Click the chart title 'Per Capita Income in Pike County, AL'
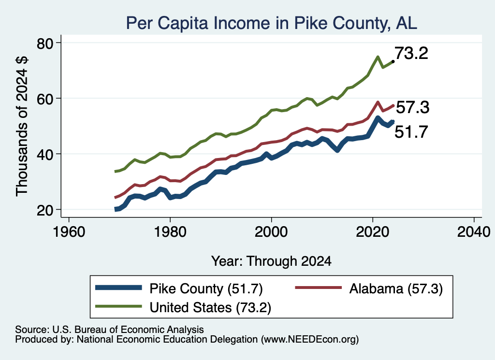coord(272,23)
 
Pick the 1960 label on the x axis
coord(69,232)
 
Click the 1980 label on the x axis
coord(170,232)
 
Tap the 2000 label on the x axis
coord(271,232)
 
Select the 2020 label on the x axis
coord(373,232)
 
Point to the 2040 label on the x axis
coord(474,232)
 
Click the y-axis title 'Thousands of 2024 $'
coord(22,126)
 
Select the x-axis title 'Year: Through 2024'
coord(271,261)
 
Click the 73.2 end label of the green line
coord(411,53)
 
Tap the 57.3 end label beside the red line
coord(413,107)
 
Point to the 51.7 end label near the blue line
coord(411,131)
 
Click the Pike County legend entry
coord(179,288)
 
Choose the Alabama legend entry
coord(369,288)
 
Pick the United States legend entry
coord(183,307)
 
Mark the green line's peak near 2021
coord(378,57)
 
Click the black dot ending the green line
coord(393,61)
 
